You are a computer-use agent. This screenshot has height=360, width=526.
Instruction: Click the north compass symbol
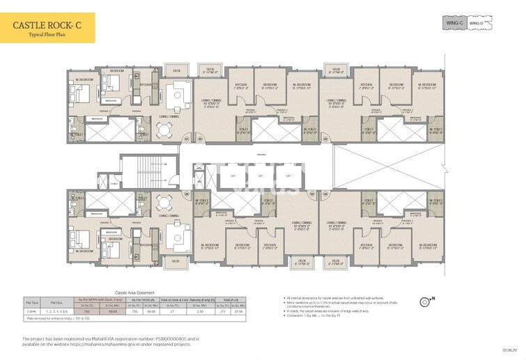(426, 302)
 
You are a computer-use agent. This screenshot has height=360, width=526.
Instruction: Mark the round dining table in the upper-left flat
(164, 129)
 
